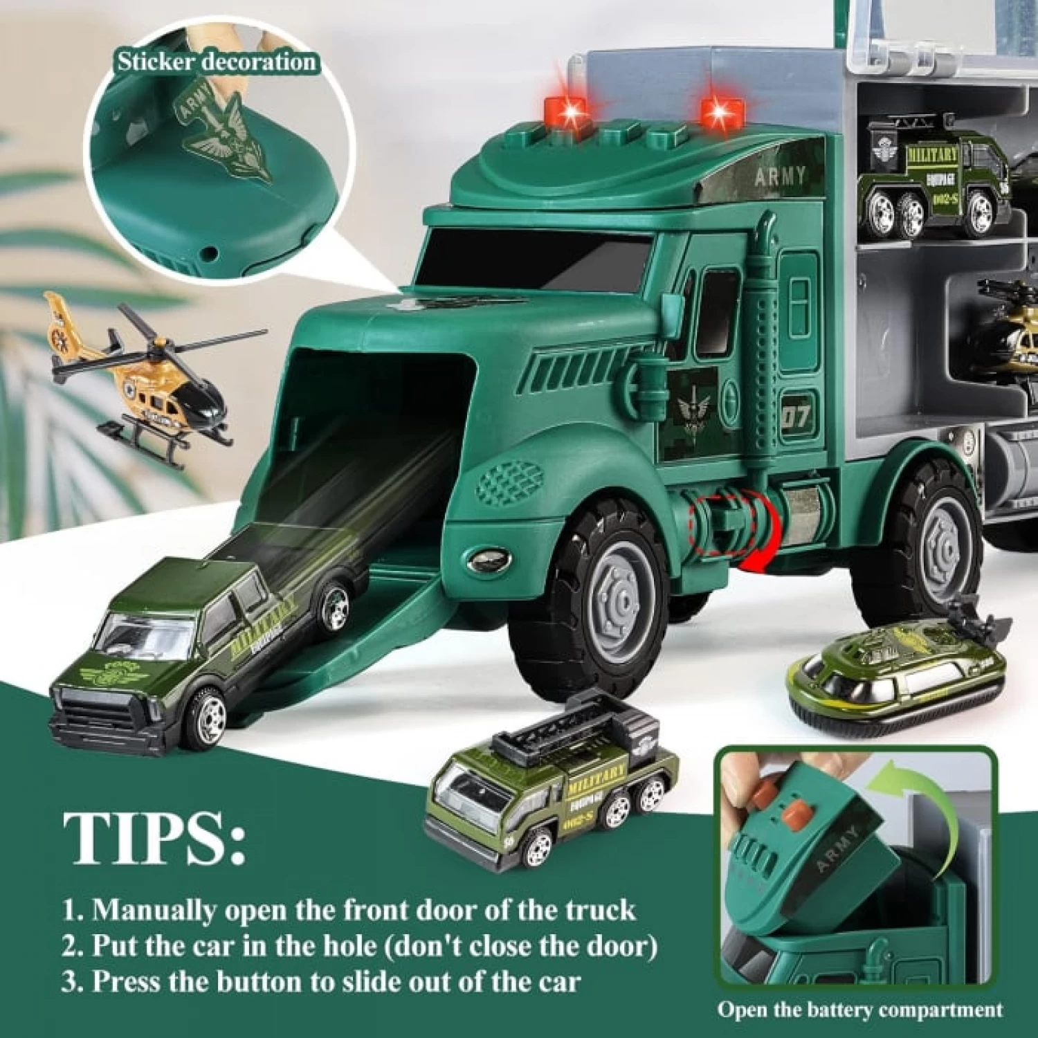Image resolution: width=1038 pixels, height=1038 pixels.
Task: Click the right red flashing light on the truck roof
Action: [722, 111]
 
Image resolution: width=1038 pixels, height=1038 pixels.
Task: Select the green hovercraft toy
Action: [896, 675]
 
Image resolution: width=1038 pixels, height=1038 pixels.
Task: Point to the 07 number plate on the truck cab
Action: [795, 417]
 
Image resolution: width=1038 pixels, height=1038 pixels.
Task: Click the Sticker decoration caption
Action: [216, 62]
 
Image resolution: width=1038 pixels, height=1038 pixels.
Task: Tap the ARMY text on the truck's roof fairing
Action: [780, 177]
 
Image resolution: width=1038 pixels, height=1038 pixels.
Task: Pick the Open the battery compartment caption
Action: [859, 1010]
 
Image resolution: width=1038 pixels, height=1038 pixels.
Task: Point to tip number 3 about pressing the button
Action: [322, 981]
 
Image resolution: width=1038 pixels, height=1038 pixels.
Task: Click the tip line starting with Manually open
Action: [349, 909]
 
